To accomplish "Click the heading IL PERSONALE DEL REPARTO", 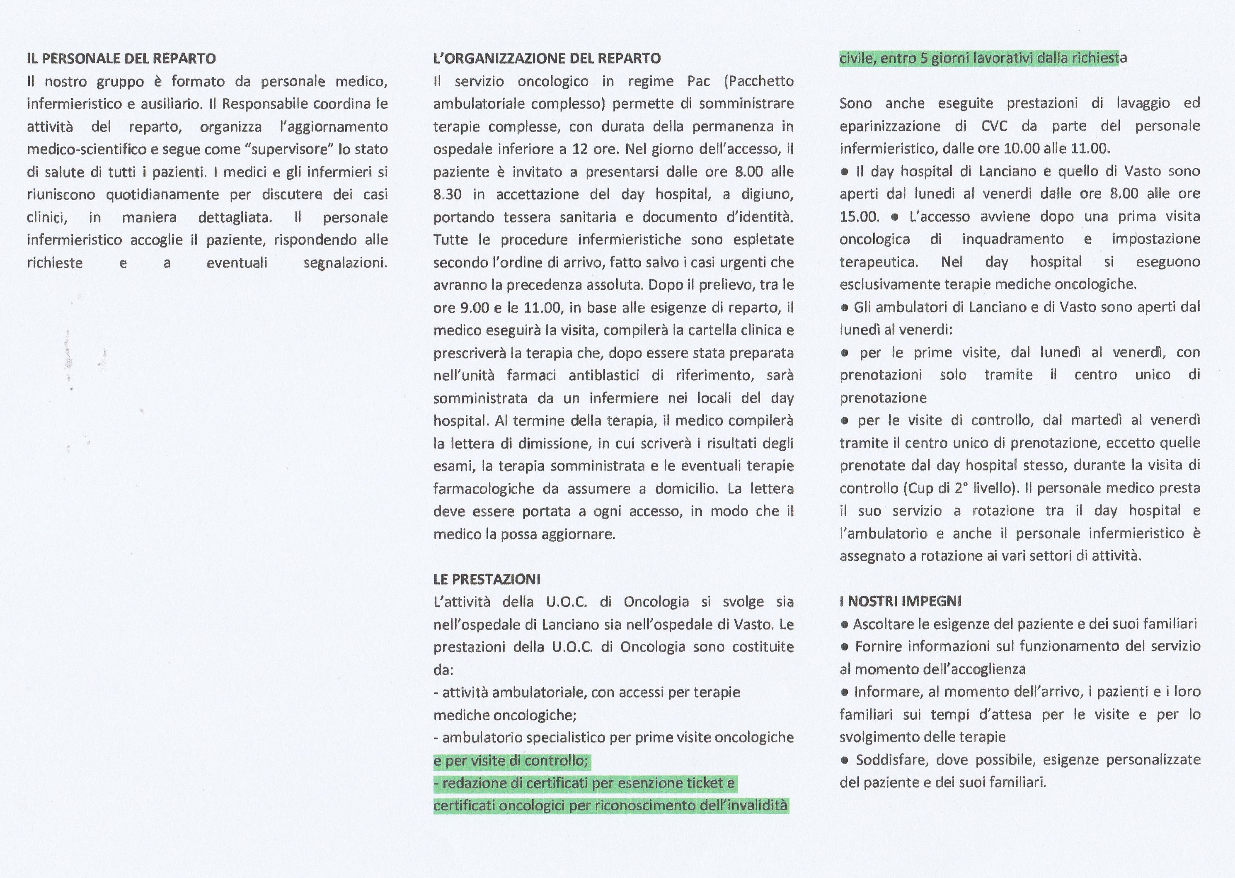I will point(121,58).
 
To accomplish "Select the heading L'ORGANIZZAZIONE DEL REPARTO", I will point(547,58).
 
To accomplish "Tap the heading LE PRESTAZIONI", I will point(487,579).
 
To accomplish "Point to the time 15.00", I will point(859,217).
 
